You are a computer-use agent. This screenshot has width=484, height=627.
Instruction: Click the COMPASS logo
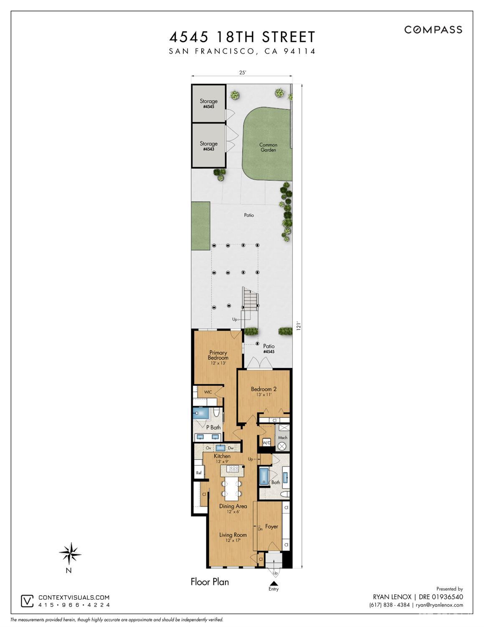click(433, 30)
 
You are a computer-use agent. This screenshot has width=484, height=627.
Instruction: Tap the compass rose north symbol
click(70, 553)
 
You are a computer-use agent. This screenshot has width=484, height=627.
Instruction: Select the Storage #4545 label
click(208, 104)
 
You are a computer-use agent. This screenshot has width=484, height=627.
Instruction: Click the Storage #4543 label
click(208, 146)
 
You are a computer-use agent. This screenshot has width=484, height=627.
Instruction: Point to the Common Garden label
click(268, 147)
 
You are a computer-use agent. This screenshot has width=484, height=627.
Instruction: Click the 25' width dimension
click(243, 73)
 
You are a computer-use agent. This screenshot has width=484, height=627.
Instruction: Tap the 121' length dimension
click(299, 326)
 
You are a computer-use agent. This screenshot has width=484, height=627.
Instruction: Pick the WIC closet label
click(208, 392)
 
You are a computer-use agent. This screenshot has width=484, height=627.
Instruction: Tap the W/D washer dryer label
click(266, 443)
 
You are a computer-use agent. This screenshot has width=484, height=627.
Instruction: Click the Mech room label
click(283, 438)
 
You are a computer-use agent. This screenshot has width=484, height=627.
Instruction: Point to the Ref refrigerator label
click(198, 473)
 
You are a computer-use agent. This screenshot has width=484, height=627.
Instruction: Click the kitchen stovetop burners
click(233, 468)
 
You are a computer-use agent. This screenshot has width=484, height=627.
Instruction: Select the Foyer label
click(271, 526)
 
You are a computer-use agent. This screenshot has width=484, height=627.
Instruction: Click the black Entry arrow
click(274, 583)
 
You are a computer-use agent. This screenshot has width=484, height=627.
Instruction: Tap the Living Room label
click(233, 535)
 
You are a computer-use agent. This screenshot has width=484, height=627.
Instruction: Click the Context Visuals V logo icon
click(27, 601)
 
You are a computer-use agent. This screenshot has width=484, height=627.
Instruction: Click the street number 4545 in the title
click(189, 37)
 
